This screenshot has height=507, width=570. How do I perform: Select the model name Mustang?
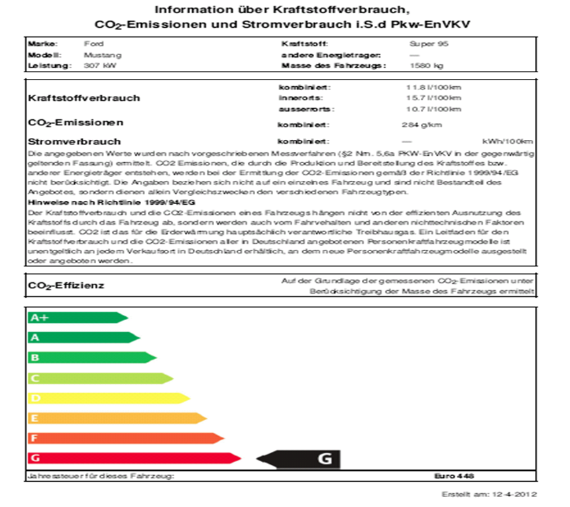pyautogui.click(x=97, y=55)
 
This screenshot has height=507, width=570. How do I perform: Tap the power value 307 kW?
pyautogui.click(x=97, y=66)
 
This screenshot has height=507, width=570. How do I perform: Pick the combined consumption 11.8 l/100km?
pyautogui.click(x=434, y=87)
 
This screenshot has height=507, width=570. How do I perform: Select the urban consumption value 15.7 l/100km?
pyautogui.click(x=434, y=97)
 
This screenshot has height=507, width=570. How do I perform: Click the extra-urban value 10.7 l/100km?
pyautogui.click(x=434, y=109)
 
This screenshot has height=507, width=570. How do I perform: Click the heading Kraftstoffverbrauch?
pyautogui.click(x=84, y=98)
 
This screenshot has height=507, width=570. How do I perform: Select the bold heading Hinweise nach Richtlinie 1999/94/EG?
pyautogui.click(x=111, y=201)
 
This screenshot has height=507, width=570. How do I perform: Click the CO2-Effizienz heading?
pyautogui.click(x=66, y=286)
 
